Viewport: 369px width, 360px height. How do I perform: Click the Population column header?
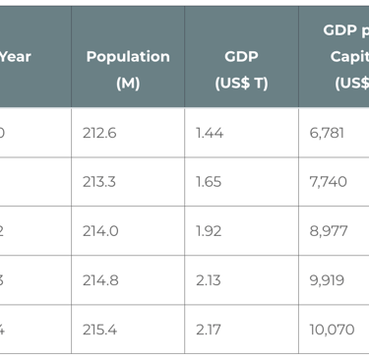point(127,57)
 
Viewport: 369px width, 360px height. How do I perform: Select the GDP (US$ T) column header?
point(241,57)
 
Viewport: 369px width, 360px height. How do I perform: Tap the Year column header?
point(15,57)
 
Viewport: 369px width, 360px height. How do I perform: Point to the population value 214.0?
point(100,231)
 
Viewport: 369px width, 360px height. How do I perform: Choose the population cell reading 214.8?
point(100,280)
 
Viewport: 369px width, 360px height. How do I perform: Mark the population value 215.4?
point(100,330)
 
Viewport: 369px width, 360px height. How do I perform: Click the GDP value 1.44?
point(210,133)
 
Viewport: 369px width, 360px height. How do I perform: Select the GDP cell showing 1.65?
point(210,182)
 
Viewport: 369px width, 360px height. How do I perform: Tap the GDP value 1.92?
point(210,231)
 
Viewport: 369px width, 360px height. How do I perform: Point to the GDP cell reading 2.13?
point(210,280)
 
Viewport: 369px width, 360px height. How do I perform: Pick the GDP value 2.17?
point(210,330)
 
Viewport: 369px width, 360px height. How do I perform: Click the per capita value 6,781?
point(327,133)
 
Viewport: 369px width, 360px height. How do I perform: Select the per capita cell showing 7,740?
point(328,182)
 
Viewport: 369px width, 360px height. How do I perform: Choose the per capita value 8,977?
point(328,231)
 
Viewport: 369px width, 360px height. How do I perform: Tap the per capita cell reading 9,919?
point(327,280)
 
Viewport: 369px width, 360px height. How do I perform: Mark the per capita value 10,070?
point(332,330)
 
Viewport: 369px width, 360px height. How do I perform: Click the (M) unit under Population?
point(127,84)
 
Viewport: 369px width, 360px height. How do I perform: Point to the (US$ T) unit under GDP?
point(241,84)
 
